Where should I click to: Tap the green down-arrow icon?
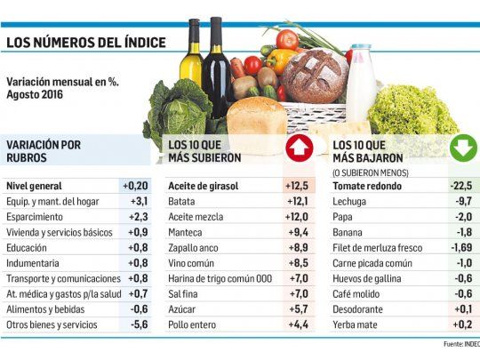coord(462,147)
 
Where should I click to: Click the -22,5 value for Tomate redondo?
coord(461,186)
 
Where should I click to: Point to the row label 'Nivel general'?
coord(34,186)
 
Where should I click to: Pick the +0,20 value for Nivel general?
coord(135,186)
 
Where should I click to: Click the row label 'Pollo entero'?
coord(192,324)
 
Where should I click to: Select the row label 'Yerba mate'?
coord(355,324)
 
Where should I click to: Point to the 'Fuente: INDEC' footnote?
coord(460,343)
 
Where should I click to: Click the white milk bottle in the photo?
coord(361,84)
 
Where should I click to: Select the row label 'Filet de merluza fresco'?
coord(377,248)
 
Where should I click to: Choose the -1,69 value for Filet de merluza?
coord(460,248)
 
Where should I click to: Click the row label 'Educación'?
coord(28,248)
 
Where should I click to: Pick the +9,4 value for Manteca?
coord(298,232)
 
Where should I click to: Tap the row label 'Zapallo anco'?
coord(194,248)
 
